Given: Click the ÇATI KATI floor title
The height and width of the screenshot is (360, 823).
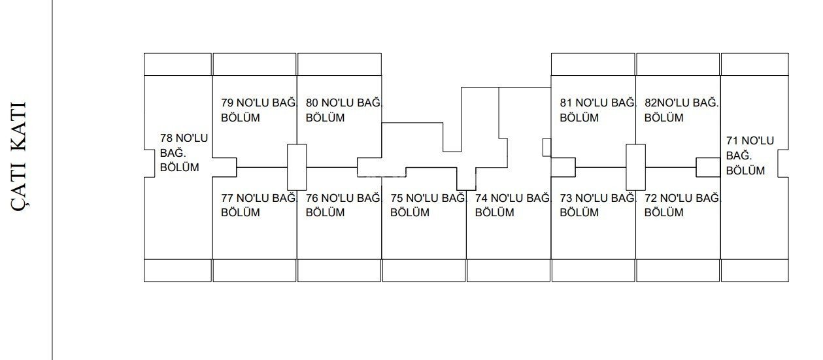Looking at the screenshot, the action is (x=19, y=156).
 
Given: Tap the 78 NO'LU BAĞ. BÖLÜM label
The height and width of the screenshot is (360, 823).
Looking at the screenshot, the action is (x=184, y=152).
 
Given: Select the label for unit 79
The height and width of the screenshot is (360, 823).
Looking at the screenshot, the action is (x=259, y=110).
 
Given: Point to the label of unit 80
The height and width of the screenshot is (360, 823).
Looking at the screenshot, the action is (x=344, y=110).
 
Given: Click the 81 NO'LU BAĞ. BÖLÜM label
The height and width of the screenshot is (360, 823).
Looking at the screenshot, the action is (x=597, y=110).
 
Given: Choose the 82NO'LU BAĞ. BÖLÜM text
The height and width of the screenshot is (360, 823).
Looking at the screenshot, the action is (x=682, y=110).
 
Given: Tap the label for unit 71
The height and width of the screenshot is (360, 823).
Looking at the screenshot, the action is (x=750, y=155).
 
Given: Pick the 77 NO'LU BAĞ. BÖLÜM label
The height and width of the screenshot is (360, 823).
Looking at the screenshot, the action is (x=259, y=205).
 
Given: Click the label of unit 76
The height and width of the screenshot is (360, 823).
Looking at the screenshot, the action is (x=344, y=205).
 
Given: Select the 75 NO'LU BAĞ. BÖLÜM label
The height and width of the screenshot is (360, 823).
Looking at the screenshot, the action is (x=428, y=205).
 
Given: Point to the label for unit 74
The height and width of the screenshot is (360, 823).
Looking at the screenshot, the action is (x=513, y=205).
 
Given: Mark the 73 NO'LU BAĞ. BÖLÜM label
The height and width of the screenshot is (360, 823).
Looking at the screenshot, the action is (x=597, y=205).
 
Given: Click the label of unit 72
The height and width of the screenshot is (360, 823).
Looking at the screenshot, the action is (x=682, y=205).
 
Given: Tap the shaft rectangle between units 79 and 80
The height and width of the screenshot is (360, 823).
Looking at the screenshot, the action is (x=297, y=167).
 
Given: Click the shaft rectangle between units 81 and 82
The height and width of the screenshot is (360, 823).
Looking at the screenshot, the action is (x=635, y=167).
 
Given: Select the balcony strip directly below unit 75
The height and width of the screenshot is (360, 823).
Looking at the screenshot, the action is (x=424, y=270).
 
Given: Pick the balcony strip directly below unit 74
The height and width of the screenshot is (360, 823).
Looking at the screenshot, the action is (x=509, y=270).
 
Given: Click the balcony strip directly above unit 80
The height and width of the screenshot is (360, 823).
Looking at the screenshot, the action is (x=339, y=64).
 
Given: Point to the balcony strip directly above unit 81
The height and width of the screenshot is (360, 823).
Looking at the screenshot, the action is (x=593, y=64).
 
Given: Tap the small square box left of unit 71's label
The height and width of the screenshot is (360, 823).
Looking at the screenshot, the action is (x=708, y=167).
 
